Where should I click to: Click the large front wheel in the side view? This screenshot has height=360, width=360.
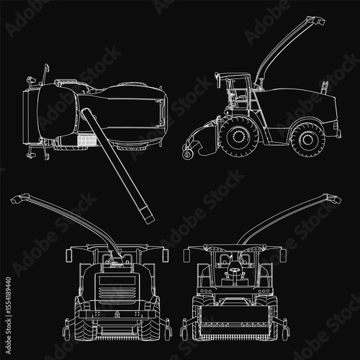[239, 137]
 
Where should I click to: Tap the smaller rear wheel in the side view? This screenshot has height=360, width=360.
[307, 140]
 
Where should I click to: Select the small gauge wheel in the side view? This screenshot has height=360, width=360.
[187, 154]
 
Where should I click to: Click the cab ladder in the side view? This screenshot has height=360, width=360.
[255, 101]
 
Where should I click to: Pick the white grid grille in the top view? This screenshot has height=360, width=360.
[86, 140]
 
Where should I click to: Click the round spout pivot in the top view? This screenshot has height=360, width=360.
[85, 114]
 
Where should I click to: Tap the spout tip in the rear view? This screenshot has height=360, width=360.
[18, 199]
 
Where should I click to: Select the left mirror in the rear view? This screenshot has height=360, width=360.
[68, 256]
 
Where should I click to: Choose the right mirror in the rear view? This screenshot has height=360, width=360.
[165, 256]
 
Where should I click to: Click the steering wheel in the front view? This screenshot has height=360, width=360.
[234, 269]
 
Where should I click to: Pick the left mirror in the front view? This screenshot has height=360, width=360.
[186, 256]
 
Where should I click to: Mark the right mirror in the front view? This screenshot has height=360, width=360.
[283, 256]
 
